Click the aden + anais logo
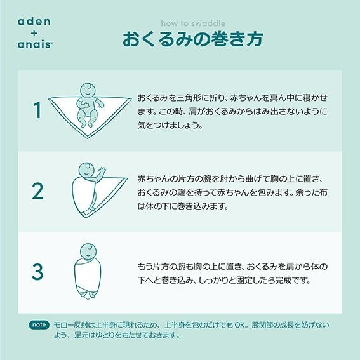(x=34, y=34)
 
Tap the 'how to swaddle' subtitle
(x=193, y=23)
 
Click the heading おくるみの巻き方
(x=192, y=39)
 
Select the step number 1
(x=38, y=110)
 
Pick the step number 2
(x=37, y=191)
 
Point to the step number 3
(x=37, y=272)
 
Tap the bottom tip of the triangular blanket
(x=88, y=138)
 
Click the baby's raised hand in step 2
(x=102, y=170)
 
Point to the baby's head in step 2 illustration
(x=86, y=170)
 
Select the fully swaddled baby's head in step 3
(x=88, y=251)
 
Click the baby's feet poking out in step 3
(x=88, y=295)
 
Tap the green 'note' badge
(x=39, y=325)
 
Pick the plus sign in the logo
(x=34, y=34)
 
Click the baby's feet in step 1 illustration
(x=87, y=124)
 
